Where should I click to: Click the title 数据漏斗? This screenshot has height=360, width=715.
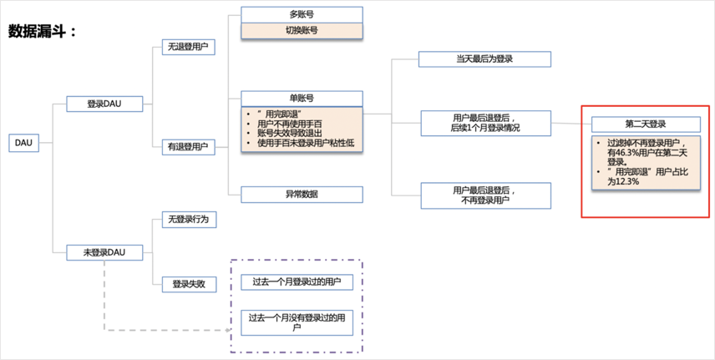pyautogui.click(x=43, y=32)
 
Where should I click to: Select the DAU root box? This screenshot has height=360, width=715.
pyautogui.click(x=23, y=143)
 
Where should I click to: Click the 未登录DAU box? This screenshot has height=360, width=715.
pyautogui.click(x=104, y=251)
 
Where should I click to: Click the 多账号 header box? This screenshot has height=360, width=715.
pyautogui.click(x=302, y=15)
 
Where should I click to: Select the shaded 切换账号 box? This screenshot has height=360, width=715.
pyautogui.click(x=302, y=31)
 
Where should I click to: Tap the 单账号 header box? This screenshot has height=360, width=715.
pyautogui.click(x=302, y=99)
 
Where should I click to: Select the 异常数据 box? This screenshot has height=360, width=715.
pyautogui.click(x=302, y=194)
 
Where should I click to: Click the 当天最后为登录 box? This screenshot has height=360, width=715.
pyautogui.click(x=484, y=59)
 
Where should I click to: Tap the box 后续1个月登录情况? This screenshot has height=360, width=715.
pyautogui.click(x=484, y=123)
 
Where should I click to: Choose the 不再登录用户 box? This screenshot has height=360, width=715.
pyautogui.click(x=484, y=195)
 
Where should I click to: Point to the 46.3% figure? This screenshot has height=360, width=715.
pyautogui.click(x=625, y=153)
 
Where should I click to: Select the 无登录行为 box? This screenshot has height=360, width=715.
pyautogui.click(x=188, y=220)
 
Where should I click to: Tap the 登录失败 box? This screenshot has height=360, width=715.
pyautogui.click(x=188, y=285)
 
